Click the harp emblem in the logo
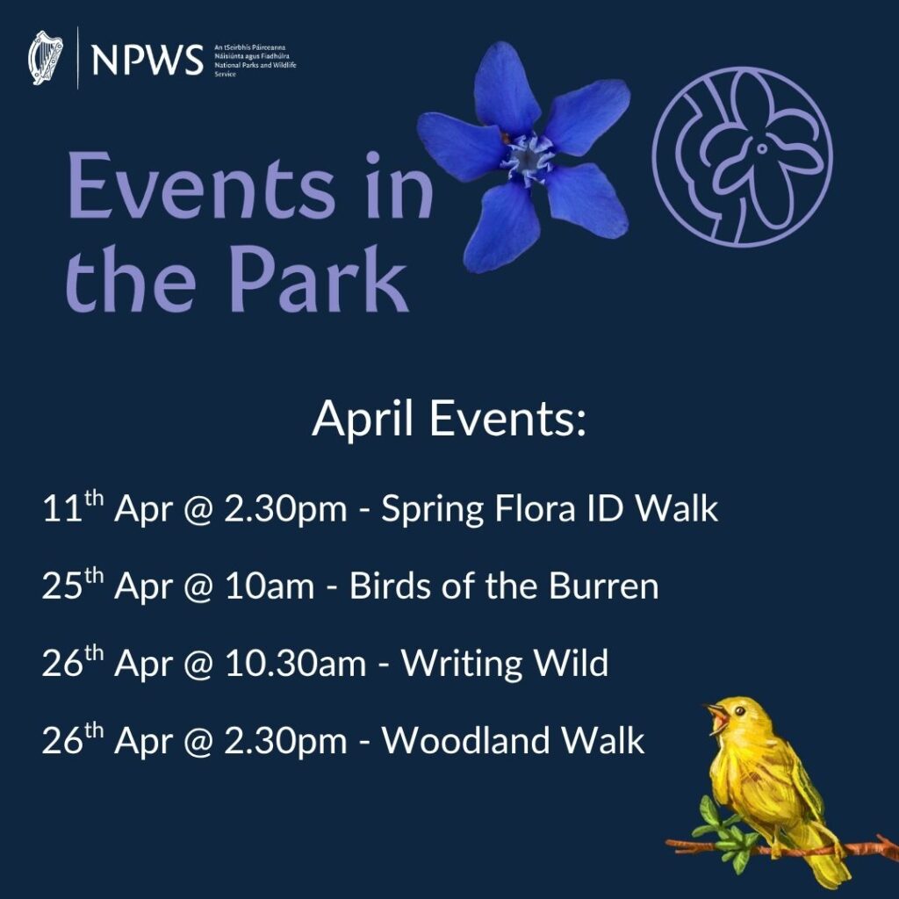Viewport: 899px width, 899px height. pos(47,58)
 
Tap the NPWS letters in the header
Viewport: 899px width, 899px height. pos(147,59)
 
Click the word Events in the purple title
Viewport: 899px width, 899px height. pos(202,190)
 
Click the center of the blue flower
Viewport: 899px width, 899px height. pos(527,158)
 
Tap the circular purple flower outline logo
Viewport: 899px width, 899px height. pos(743,156)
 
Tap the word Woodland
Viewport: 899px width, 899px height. pos(465,741)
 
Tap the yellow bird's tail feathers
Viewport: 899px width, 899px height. pos(825,865)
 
